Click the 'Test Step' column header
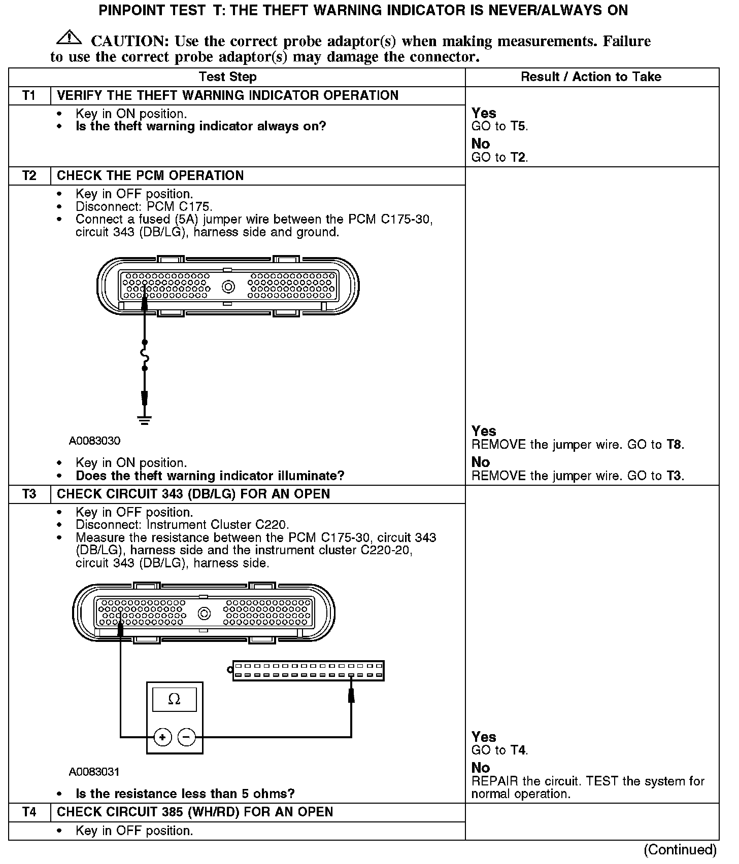pyautogui.click(x=227, y=77)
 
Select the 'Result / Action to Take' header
pyautogui.click(x=591, y=77)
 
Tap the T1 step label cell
pyautogui.click(x=29, y=96)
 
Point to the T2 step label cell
pyautogui.click(x=29, y=176)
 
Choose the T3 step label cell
pyautogui.click(x=29, y=494)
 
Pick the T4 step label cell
pyautogui.click(x=29, y=812)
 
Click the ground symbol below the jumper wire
pyautogui.click(x=145, y=419)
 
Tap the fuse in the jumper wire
pyautogui.click(x=145, y=355)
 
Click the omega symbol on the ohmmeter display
pyautogui.click(x=174, y=700)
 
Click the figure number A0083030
pyautogui.click(x=94, y=441)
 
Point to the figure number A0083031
pyautogui.click(x=94, y=772)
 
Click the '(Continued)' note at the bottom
pyautogui.click(x=680, y=850)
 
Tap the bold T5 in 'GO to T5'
pyautogui.click(x=518, y=127)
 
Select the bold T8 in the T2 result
pyautogui.click(x=674, y=445)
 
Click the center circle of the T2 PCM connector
pyautogui.click(x=228, y=287)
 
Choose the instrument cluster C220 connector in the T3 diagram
pyautogui.click(x=308, y=671)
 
